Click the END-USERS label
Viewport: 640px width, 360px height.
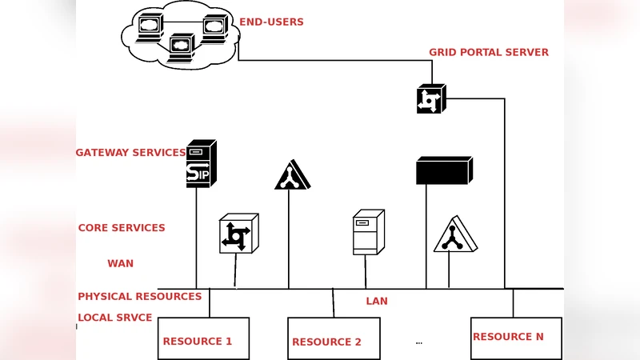271,22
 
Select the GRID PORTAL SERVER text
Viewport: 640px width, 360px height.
488,53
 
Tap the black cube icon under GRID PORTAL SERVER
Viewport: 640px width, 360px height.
430,99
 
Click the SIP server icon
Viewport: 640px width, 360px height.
200,164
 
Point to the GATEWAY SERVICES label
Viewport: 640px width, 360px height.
130,153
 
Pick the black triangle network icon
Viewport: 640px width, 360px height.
292,176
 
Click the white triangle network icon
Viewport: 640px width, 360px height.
454,235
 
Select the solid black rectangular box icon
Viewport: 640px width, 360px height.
444,171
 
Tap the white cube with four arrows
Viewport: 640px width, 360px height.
238,234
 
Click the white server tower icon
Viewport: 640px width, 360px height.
368,232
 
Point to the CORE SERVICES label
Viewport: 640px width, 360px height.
122,228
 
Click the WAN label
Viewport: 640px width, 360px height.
121,264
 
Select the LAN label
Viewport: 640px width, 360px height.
377,302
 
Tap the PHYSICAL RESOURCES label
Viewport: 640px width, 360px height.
139,297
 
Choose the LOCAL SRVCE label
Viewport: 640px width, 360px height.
114,318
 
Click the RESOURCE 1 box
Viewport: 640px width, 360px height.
203,338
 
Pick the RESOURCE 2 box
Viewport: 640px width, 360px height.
334,338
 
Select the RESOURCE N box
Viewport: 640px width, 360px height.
516,338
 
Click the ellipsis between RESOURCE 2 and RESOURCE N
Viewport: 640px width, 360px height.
418,342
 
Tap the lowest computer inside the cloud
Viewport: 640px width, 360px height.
182,47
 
